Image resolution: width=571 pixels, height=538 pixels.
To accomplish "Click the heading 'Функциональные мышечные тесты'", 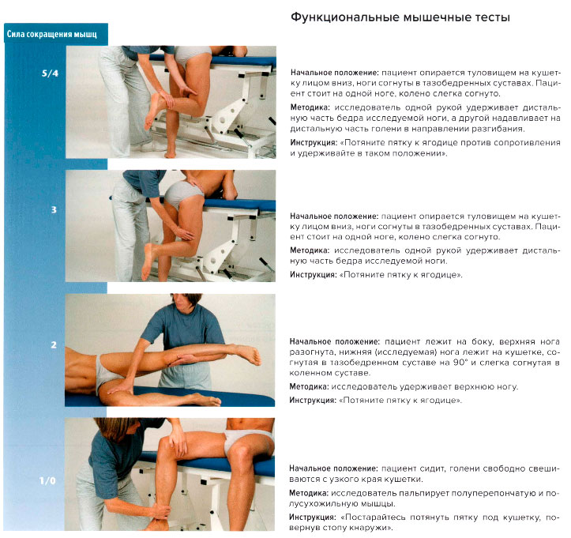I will pyautogui.click(x=400, y=17).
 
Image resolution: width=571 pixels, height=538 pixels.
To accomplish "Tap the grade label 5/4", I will pyautogui.click(x=50, y=73).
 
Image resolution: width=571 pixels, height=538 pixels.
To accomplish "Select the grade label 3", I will pyautogui.click(x=53, y=211).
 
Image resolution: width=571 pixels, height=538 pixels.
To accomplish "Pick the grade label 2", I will pyautogui.click(x=53, y=345).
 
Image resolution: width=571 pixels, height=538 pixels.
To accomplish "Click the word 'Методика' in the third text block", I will pyautogui.click(x=310, y=386).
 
